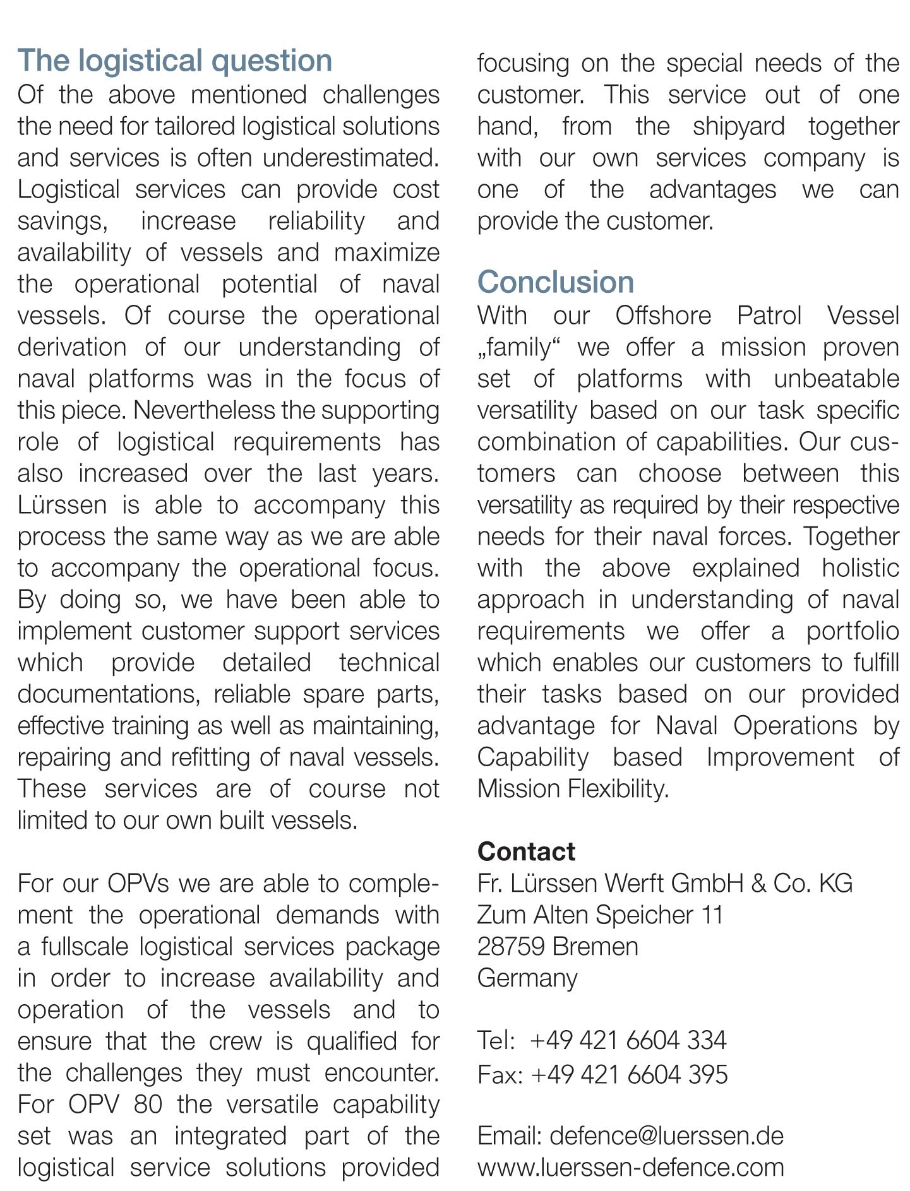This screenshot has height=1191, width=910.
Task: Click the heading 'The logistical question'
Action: click(174, 61)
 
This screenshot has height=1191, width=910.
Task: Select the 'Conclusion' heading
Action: click(555, 281)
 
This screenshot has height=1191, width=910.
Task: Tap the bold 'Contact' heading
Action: click(526, 851)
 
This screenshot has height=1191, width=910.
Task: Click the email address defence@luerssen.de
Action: click(666, 1135)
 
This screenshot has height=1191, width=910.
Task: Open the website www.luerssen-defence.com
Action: click(630, 1167)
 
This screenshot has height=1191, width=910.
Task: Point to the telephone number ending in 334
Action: click(628, 1040)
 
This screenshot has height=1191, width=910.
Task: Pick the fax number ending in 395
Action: click(629, 1074)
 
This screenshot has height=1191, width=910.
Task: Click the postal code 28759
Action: click(511, 946)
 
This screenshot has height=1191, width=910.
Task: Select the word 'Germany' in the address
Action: click(527, 978)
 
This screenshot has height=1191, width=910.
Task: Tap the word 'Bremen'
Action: click(594, 946)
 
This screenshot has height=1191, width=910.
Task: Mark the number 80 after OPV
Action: click(148, 1105)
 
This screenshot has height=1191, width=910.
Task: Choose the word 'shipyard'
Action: click(738, 126)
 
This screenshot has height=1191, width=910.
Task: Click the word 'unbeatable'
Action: click(836, 379)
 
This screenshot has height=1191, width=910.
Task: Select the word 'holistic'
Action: click(860, 568)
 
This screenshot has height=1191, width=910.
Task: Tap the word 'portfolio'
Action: click(852, 631)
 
